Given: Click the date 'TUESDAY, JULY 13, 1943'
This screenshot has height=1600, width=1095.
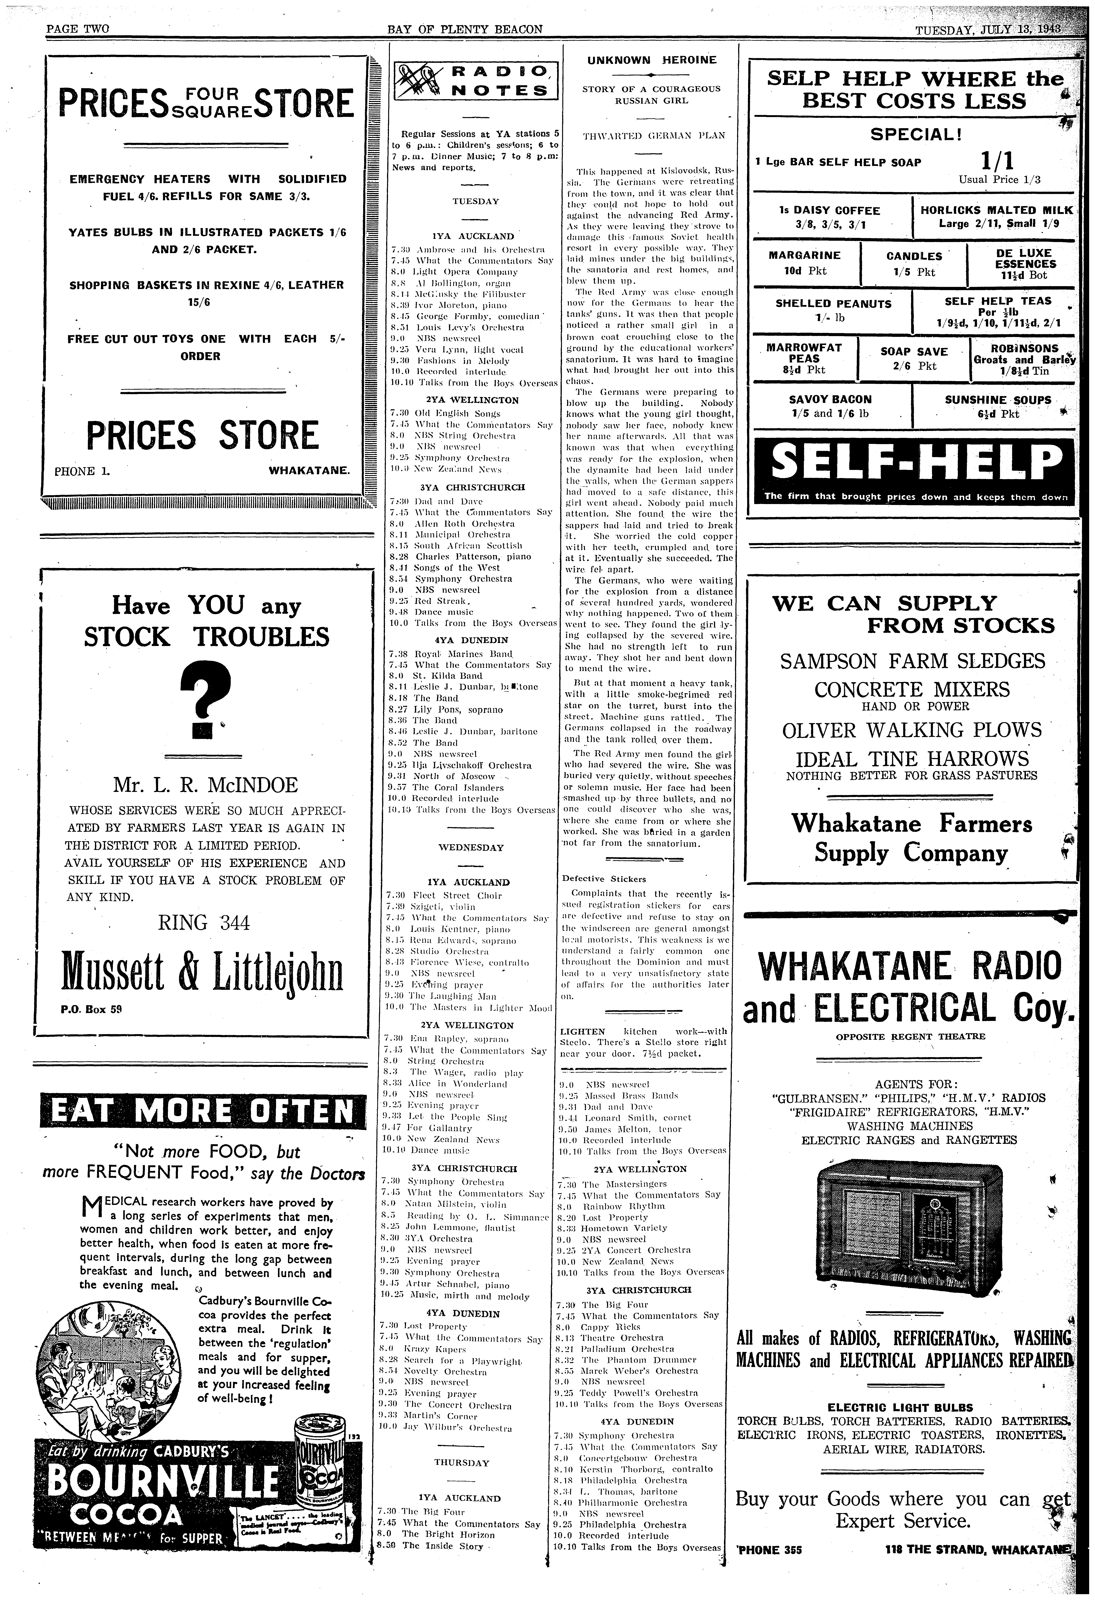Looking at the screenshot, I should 987,30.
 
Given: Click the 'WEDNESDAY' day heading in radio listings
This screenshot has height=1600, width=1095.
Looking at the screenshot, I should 471,848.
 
